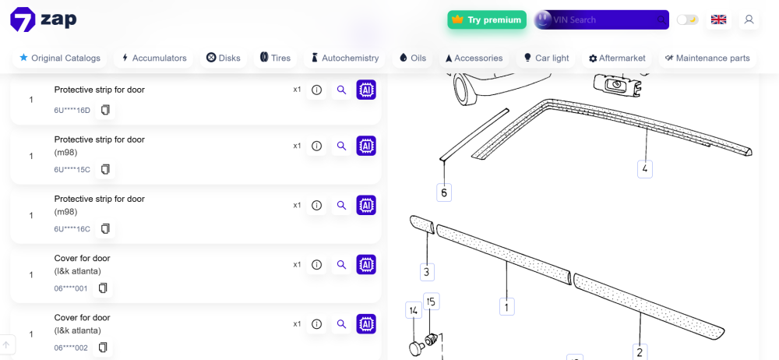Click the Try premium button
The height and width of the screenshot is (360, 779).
click(x=487, y=20)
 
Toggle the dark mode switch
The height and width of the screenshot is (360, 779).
click(x=688, y=20)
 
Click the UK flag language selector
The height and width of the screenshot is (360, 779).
click(x=718, y=20)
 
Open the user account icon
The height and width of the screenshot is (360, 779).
click(x=749, y=20)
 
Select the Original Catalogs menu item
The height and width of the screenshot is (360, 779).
click(x=60, y=58)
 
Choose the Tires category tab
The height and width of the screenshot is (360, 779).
click(x=275, y=58)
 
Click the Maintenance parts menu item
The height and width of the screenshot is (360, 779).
click(x=707, y=58)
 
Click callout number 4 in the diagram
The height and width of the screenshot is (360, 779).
click(x=645, y=169)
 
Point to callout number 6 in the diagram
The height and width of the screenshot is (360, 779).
click(x=444, y=192)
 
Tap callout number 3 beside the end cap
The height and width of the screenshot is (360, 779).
click(x=427, y=272)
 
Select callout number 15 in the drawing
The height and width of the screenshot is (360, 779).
click(x=432, y=302)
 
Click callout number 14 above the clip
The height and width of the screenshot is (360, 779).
click(x=414, y=311)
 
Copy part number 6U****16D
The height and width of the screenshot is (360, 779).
click(x=105, y=110)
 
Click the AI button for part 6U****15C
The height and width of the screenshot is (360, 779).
click(x=366, y=146)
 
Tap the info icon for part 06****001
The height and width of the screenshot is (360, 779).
click(x=316, y=264)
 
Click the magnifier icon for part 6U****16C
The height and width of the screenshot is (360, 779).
click(x=341, y=206)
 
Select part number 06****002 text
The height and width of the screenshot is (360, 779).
click(x=71, y=348)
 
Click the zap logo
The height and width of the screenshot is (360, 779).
click(x=43, y=20)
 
